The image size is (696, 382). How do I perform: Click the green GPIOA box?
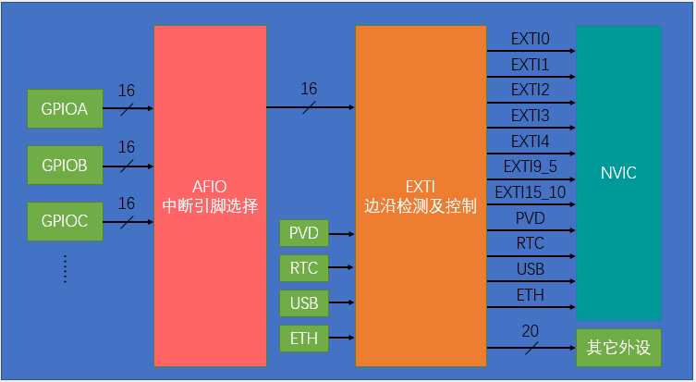64,109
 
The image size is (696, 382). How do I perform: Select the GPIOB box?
64,166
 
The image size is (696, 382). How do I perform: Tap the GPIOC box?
64,221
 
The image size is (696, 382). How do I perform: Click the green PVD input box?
303,233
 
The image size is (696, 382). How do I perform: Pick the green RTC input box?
303,268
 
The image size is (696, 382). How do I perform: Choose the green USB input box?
303,303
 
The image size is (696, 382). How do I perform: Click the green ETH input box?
303,339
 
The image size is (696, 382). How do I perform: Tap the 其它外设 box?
618,349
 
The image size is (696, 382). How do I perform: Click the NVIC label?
618,173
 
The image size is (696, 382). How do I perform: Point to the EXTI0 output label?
531,40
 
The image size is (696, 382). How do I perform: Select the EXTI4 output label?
531,142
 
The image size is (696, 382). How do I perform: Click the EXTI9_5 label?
531,166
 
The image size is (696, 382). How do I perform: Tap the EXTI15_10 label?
531,192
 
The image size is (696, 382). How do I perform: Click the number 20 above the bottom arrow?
530,331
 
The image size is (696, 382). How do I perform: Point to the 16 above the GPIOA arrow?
127,92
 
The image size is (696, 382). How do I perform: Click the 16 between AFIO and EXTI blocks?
309,89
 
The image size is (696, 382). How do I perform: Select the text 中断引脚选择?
210,204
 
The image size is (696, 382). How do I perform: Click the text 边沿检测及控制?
421,204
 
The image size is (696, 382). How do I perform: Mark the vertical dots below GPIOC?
66,268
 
